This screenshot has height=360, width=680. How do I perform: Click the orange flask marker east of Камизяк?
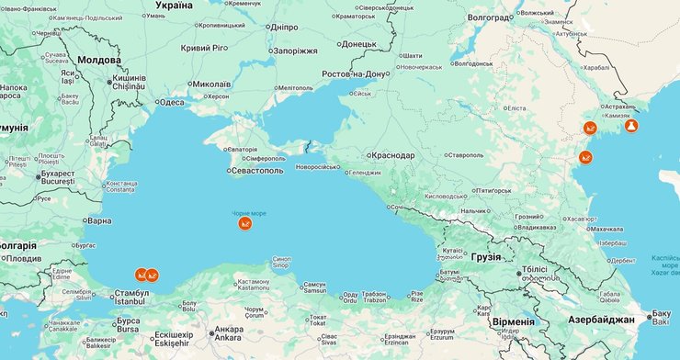(630, 126)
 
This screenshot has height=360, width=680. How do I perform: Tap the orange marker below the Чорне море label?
(244, 223)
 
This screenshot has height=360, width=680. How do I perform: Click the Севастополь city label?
(258, 170)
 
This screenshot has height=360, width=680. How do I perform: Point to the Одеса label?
(172, 103)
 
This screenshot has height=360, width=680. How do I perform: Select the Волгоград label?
(489, 17)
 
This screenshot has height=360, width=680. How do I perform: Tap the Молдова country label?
(99, 59)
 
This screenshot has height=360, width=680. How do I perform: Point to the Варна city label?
(98, 220)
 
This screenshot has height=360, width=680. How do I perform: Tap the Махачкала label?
(607, 229)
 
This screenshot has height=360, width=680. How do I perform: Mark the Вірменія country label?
(513, 321)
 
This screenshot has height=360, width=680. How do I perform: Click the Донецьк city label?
(358, 43)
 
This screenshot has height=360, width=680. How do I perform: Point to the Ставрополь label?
(464, 155)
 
